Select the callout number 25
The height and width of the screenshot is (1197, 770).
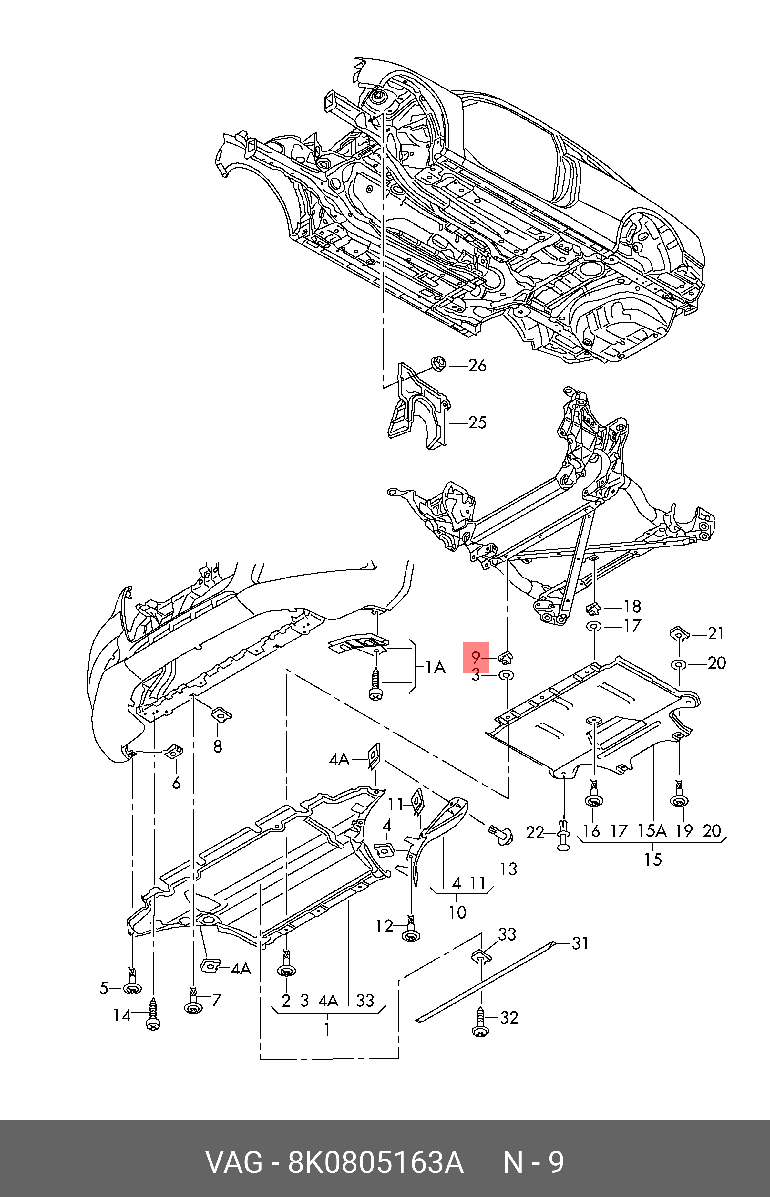477,423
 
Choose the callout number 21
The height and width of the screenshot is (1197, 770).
716,634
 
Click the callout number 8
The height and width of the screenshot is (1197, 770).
218,746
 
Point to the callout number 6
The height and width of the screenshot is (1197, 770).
176,783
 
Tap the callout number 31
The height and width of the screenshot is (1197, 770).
580,943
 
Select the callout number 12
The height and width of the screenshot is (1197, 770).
385,927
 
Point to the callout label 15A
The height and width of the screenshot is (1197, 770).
652,831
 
